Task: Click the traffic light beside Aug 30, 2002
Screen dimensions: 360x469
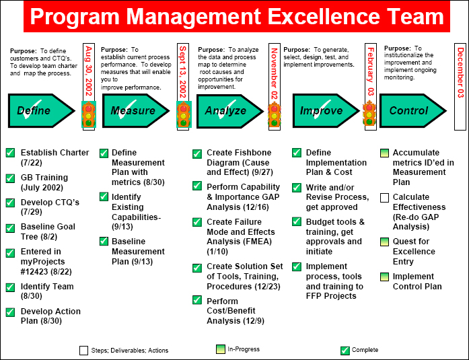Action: pos(88,114)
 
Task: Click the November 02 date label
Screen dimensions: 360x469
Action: pos(274,74)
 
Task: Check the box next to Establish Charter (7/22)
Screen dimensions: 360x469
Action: pos(10,153)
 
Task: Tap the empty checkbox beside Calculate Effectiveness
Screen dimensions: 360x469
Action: pos(385,198)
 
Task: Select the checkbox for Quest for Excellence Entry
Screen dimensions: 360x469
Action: pos(385,242)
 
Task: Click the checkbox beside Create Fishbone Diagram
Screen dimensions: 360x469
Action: pos(196,154)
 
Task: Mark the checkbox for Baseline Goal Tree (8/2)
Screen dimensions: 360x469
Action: pos(10,227)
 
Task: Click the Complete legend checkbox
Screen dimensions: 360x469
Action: pos(345,350)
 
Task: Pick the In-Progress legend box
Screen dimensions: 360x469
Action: pos(220,349)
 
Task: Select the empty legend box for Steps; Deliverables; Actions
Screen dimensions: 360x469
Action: pos(83,350)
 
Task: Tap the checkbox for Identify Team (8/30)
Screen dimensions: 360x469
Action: pos(10,287)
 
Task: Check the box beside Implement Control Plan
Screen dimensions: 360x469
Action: pos(385,277)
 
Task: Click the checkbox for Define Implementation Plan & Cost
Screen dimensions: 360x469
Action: pos(296,153)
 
